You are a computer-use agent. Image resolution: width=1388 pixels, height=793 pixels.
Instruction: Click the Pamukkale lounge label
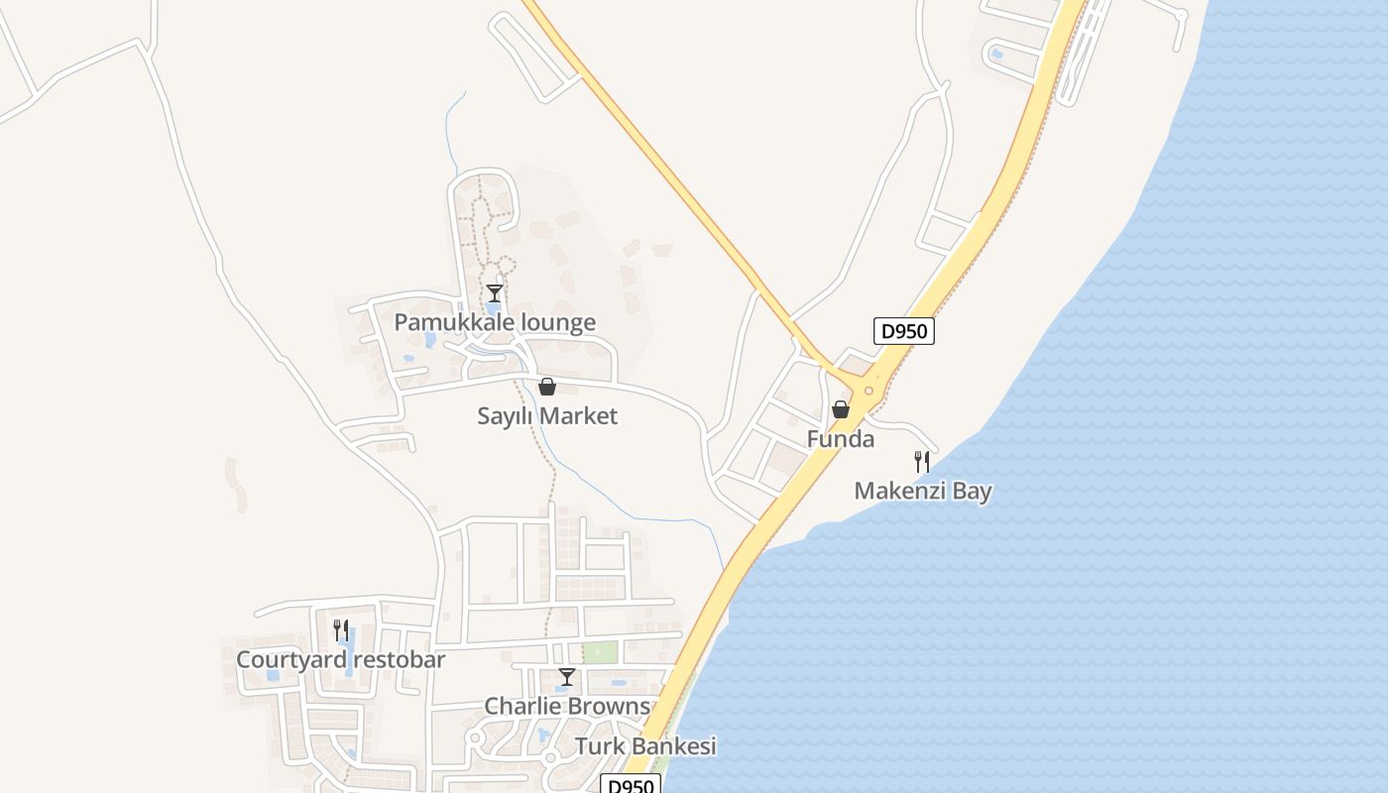click(x=495, y=322)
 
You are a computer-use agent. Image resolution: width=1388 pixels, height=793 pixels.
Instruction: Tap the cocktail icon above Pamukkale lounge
click(x=494, y=293)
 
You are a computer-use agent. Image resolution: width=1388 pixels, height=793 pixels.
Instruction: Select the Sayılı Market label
click(x=547, y=416)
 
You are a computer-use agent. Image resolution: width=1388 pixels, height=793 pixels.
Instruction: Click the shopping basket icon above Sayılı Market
click(x=546, y=387)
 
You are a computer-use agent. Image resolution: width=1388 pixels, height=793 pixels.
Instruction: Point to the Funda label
click(x=841, y=439)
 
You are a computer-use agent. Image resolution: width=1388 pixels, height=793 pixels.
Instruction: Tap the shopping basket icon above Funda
click(x=841, y=409)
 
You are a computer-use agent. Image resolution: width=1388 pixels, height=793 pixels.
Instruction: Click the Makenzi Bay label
click(x=923, y=491)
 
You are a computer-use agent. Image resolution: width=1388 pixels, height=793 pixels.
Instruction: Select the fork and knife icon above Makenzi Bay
click(x=922, y=462)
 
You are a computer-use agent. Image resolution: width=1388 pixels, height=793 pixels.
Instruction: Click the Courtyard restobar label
click(x=340, y=659)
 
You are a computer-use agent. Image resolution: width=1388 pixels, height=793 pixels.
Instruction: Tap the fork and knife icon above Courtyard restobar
click(x=340, y=630)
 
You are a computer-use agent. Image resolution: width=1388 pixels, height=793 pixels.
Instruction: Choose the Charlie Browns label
click(x=567, y=707)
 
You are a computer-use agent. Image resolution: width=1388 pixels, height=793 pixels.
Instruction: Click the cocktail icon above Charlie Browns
click(x=566, y=678)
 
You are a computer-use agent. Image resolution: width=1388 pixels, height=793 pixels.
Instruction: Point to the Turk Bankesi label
click(x=645, y=746)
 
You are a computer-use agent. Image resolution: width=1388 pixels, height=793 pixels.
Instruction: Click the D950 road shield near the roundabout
click(x=904, y=331)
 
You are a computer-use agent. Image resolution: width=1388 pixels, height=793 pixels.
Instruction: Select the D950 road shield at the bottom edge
click(x=631, y=785)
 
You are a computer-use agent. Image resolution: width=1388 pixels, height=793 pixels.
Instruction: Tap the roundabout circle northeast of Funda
click(x=868, y=391)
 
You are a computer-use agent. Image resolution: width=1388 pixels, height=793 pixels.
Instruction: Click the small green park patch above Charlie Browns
click(x=599, y=652)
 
